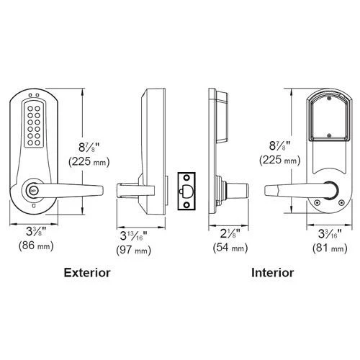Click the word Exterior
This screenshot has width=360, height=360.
pos(87,273)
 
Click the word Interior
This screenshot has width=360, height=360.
pos(272,273)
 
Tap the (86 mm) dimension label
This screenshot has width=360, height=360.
pos(36,246)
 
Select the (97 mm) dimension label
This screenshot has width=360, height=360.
pos(134,251)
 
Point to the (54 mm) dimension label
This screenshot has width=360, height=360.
pos(230,248)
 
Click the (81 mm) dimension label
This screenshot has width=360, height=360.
pos(330,248)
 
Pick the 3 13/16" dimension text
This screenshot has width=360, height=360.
pos(134,235)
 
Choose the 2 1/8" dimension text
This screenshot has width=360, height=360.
pos(230,233)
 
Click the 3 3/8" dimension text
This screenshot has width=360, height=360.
pos(36,231)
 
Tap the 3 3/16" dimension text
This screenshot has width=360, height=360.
pos(330,233)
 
